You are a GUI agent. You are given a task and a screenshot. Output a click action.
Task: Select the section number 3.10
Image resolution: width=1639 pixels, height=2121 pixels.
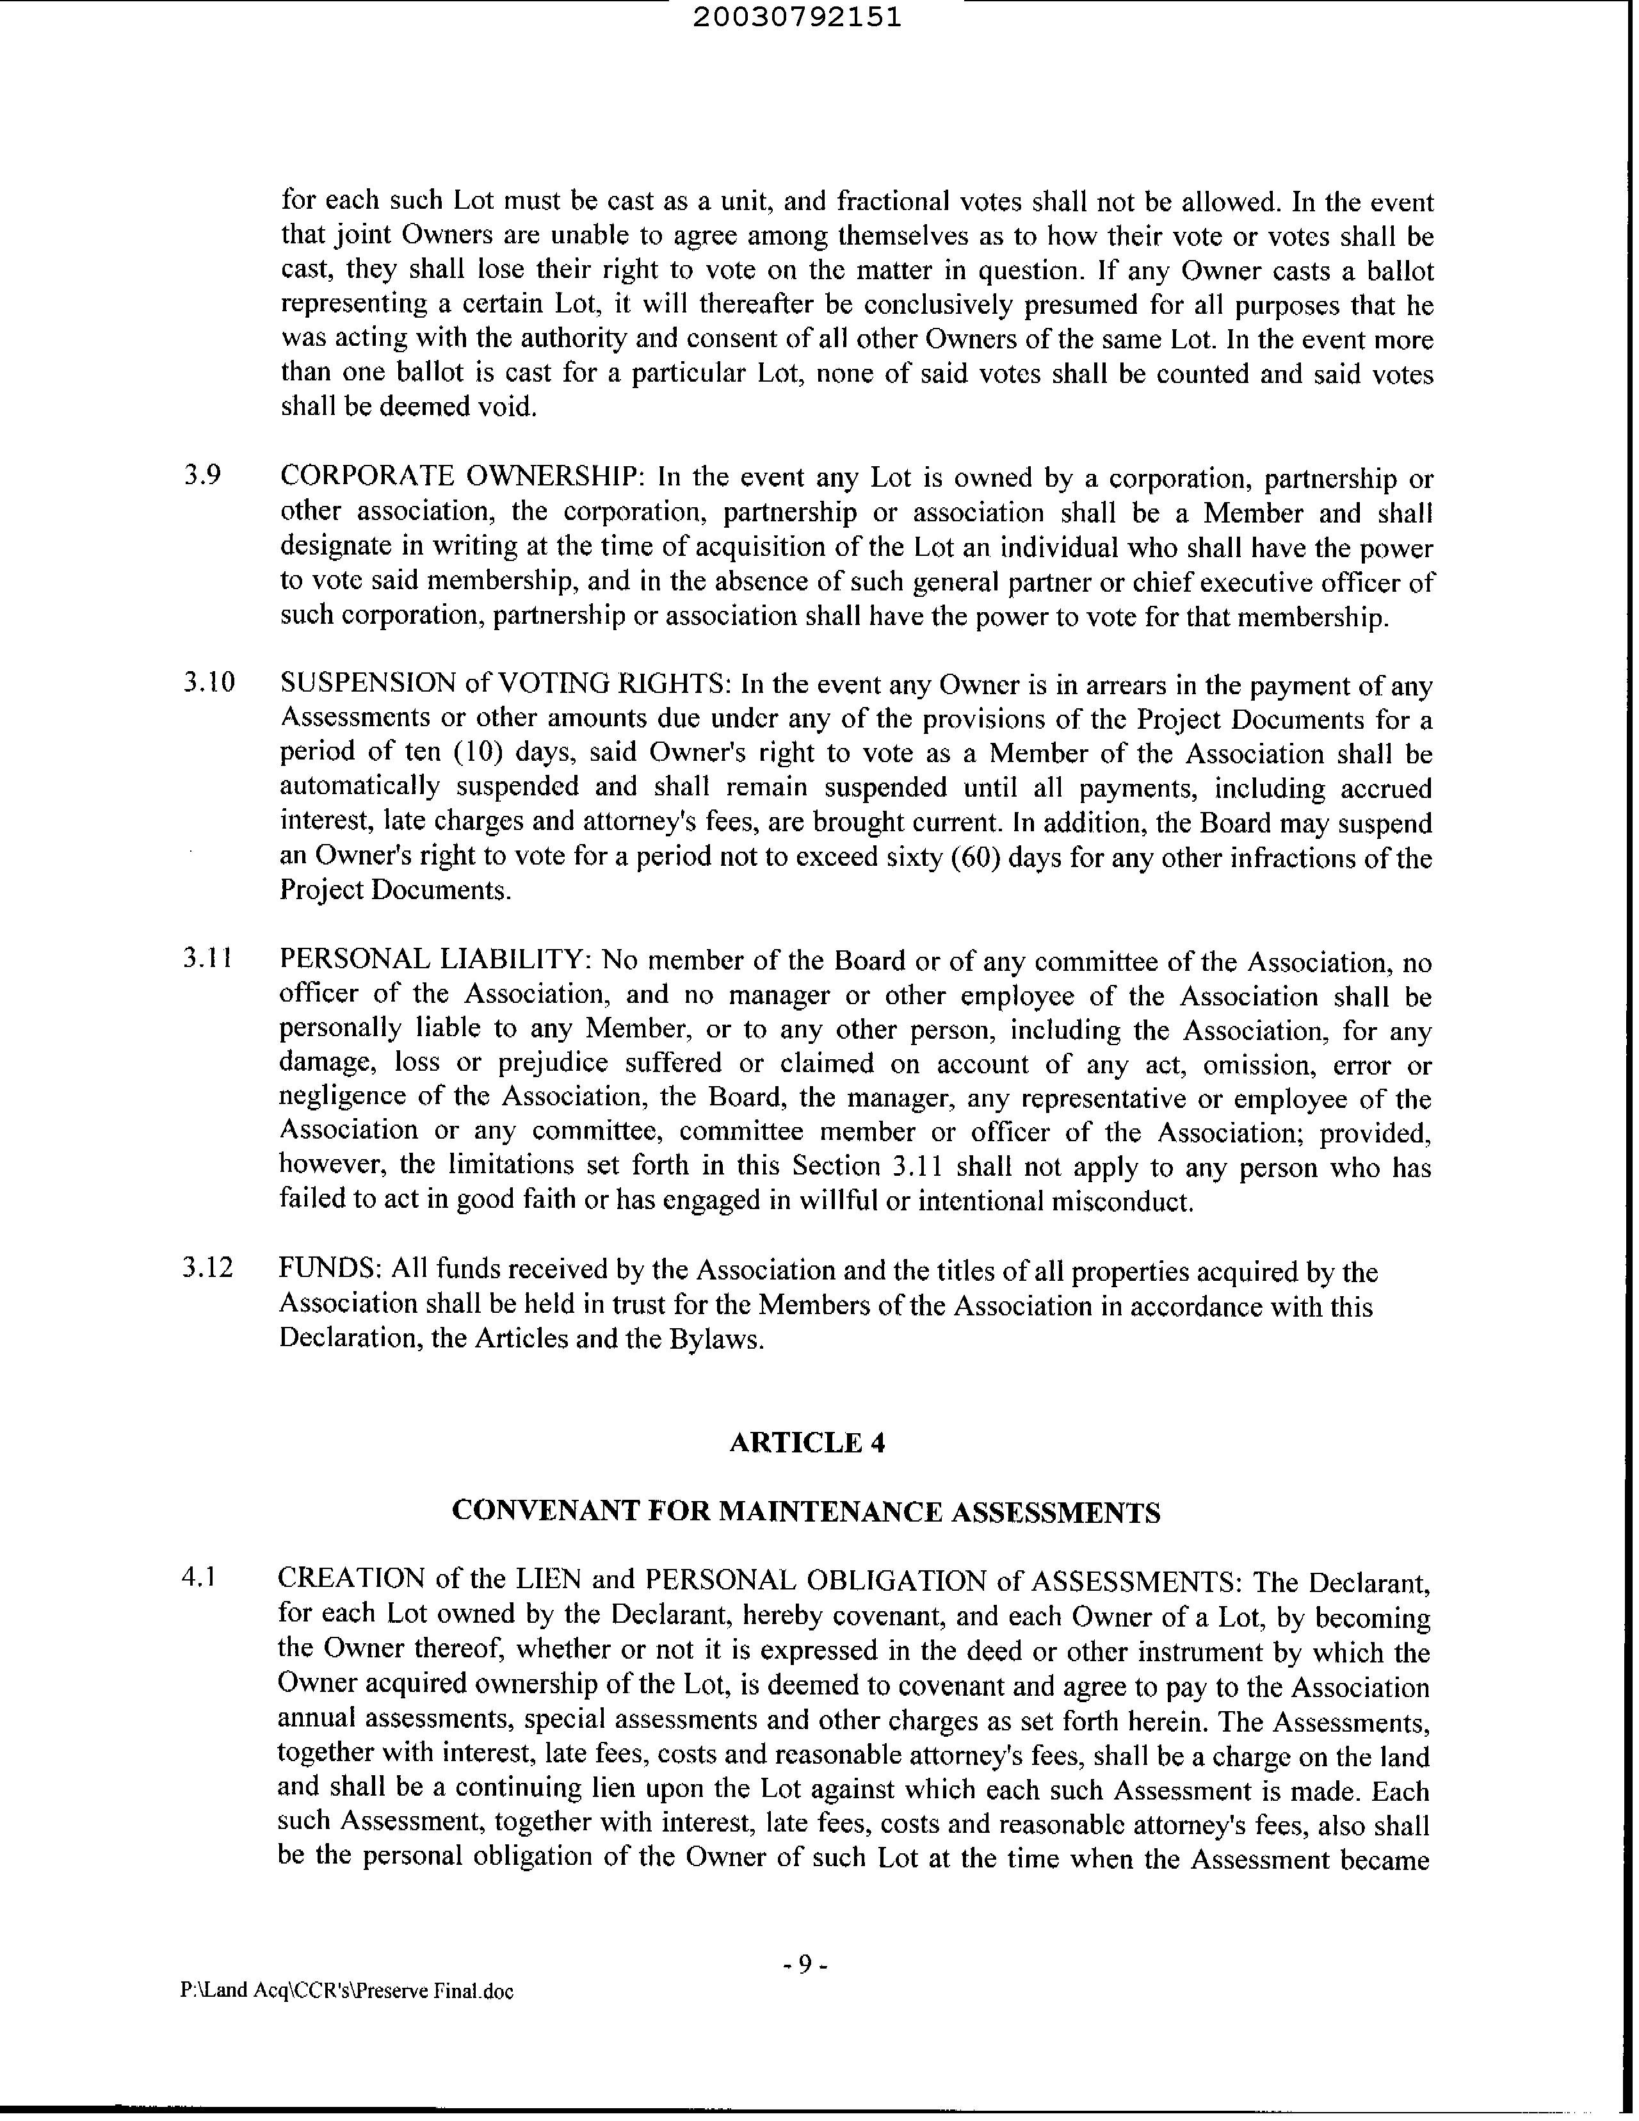pos(209,683)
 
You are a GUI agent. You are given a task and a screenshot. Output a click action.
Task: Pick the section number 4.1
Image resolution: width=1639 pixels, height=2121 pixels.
pos(197,1577)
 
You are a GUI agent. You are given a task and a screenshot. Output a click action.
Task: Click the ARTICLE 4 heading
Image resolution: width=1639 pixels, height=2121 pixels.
pos(807,1442)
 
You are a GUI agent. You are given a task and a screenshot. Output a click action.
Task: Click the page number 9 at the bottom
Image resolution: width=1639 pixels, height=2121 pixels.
pos(805,1965)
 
